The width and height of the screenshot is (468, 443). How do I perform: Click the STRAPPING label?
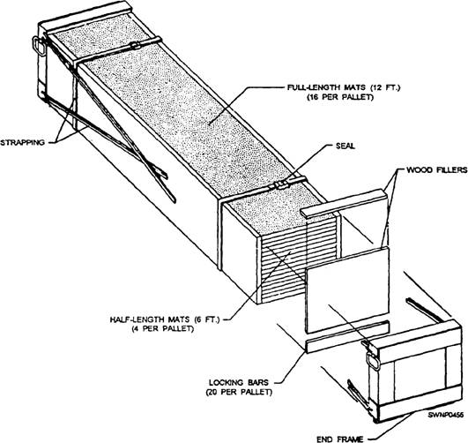(22, 142)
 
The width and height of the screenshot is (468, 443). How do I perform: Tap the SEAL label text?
(345, 146)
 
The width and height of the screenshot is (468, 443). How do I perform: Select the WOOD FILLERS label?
(436, 169)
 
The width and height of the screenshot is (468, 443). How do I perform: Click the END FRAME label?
(340, 439)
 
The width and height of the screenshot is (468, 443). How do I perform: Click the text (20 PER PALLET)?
(239, 392)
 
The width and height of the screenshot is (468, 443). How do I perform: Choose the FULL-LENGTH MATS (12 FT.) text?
(344, 87)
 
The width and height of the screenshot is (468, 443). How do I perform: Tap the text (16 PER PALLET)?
(340, 97)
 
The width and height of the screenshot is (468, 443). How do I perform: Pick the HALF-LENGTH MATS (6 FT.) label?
(165, 319)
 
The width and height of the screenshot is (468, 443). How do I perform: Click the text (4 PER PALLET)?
(163, 328)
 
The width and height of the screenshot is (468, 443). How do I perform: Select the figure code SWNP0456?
(446, 415)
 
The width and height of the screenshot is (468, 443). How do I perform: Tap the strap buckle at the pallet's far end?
(136, 46)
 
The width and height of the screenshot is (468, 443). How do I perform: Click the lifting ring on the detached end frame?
(374, 361)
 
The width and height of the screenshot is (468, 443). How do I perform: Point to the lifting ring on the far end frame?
(38, 45)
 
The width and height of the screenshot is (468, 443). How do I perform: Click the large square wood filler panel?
(348, 289)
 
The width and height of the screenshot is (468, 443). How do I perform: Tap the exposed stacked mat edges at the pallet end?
(298, 263)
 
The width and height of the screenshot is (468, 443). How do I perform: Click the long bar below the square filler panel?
(347, 336)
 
